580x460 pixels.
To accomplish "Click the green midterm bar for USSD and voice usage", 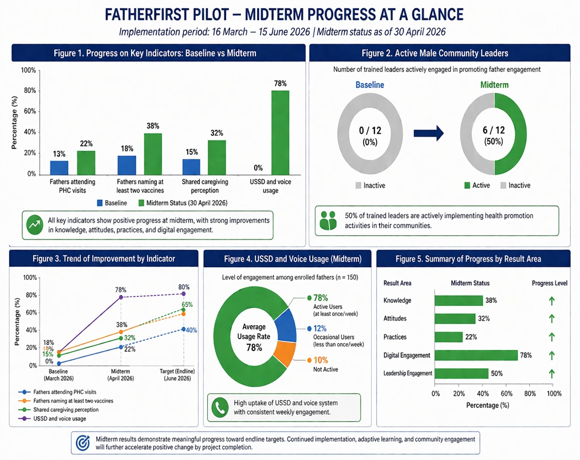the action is click(x=280, y=132).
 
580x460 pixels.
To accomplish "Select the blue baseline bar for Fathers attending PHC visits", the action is click(x=59, y=167).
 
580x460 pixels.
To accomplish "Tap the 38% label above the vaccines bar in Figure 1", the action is click(x=153, y=126).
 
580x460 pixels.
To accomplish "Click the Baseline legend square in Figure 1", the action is click(x=100, y=203).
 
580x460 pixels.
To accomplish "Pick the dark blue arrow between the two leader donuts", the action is click(x=428, y=133).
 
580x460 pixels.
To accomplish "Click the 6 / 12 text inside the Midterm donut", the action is click(x=494, y=130).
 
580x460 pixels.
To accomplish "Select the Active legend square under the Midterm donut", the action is click(x=467, y=185).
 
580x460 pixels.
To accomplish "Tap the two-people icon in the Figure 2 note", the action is click(x=328, y=221).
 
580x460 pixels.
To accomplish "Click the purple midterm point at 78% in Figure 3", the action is click(x=121, y=297).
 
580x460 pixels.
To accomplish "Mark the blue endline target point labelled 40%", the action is click(x=183, y=329).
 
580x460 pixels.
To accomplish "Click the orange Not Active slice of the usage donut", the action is click(x=286, y=354).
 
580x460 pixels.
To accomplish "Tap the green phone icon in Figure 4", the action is click(x=220, y=407).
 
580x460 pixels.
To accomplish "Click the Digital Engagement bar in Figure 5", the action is click(x=476, y=355).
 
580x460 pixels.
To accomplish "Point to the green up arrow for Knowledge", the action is click(x=551, y=301).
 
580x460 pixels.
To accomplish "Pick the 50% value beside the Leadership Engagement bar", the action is click(x=497, y=373).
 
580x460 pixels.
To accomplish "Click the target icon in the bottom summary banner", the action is click(x=83, y=443).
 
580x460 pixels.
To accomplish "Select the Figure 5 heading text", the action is click(x=468, y=259).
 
